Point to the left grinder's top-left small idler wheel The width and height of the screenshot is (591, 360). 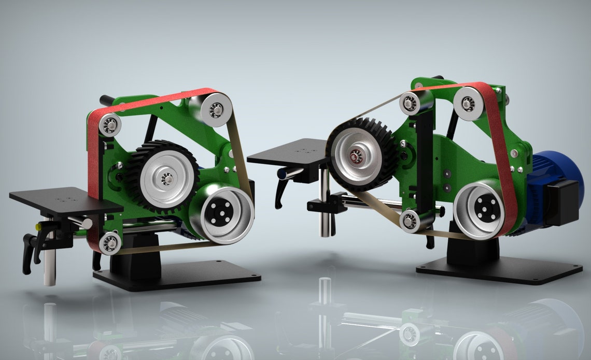click(x=110, y=125)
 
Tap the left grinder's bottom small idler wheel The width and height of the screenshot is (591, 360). click(x=110, y=242)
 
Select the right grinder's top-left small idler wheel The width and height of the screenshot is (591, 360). click(x=410, y=104)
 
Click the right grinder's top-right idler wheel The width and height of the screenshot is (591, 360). click(x=468, y=104)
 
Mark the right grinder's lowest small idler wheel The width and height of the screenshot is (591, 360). click(x=410, y=221)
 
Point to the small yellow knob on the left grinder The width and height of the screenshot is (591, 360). click(x=38, y=227)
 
